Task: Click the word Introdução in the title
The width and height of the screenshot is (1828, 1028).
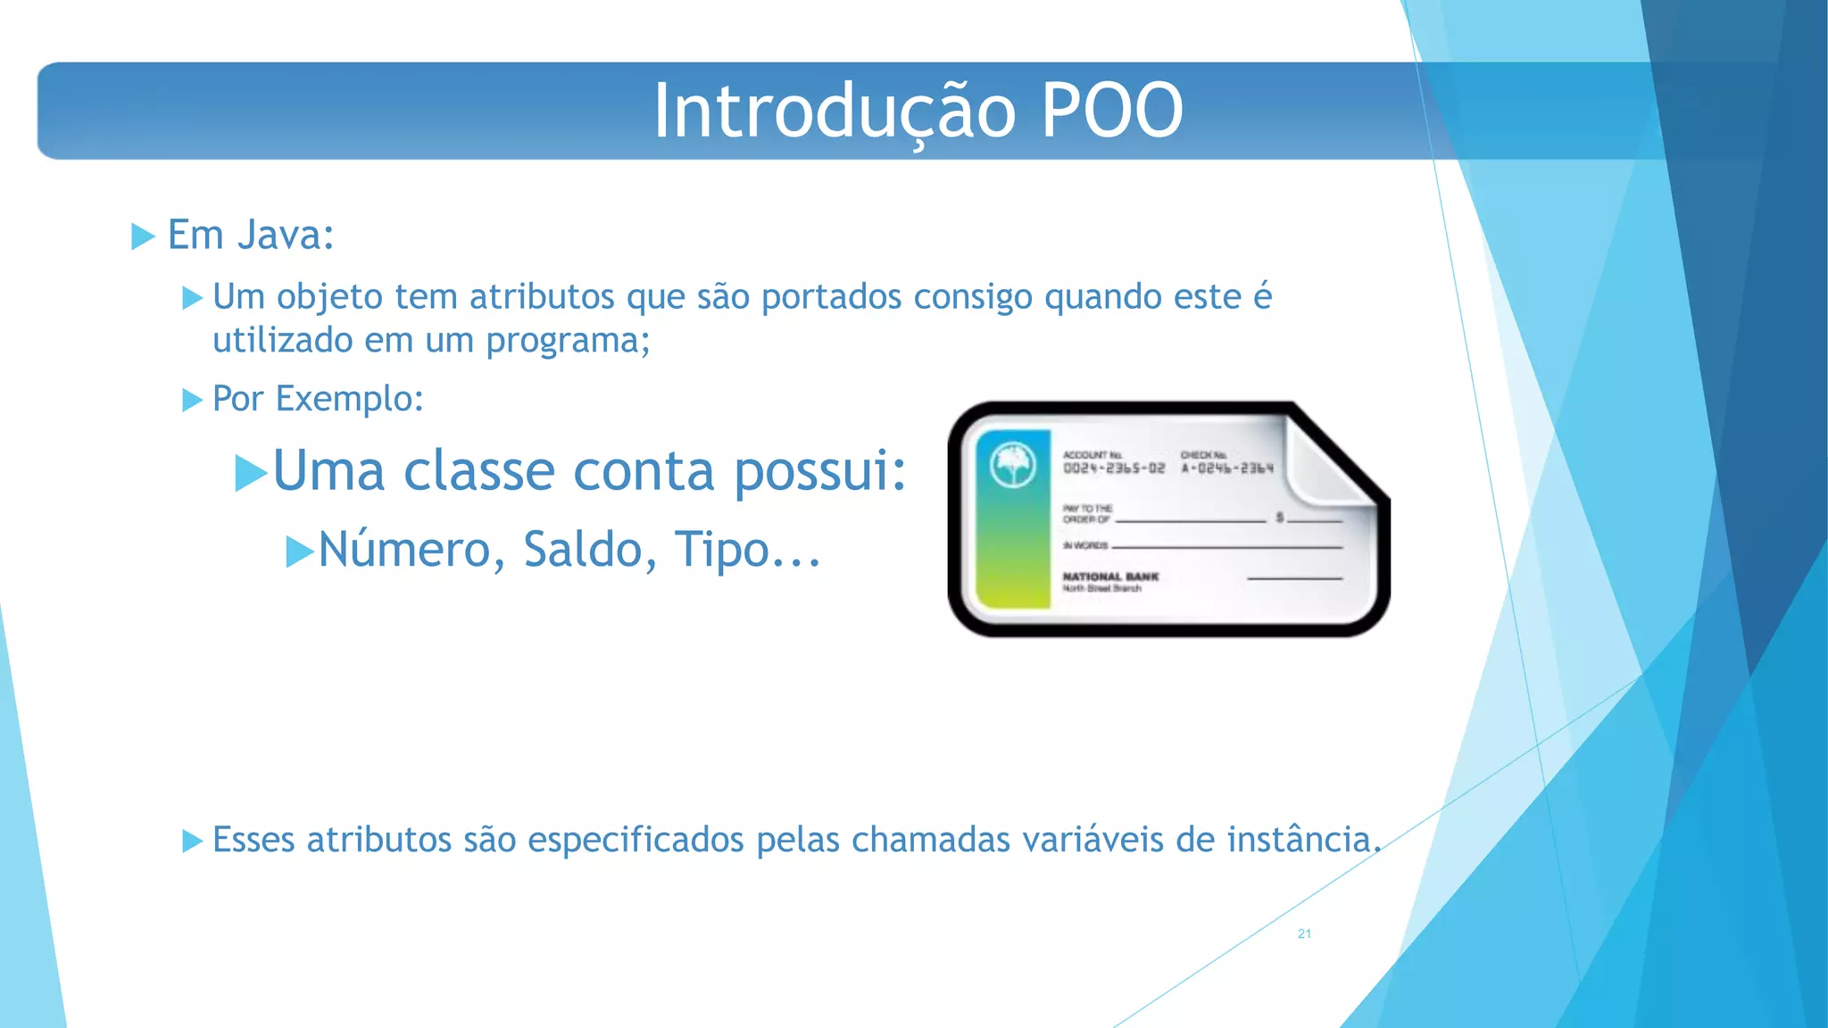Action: click(835, 112)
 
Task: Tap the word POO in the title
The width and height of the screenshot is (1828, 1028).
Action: click(1112, 112)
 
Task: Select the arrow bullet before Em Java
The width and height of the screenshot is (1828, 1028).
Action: click(143, 236)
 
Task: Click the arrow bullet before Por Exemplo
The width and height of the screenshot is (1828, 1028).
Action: click(193, 400)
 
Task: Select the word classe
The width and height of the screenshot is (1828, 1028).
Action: click(479, 471)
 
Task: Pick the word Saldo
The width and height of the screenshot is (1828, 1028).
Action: click(581, 550)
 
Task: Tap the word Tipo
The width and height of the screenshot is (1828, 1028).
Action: click(721, 550)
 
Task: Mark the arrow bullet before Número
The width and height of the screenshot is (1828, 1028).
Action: click(300, 551)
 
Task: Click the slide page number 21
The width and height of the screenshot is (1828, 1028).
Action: click(1304, 933)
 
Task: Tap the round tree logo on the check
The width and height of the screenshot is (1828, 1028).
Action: click(1013, 465)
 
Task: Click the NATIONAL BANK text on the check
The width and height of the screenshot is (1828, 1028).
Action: click(1110, 576)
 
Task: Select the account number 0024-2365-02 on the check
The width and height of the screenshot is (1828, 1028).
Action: click(1114, 468)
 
